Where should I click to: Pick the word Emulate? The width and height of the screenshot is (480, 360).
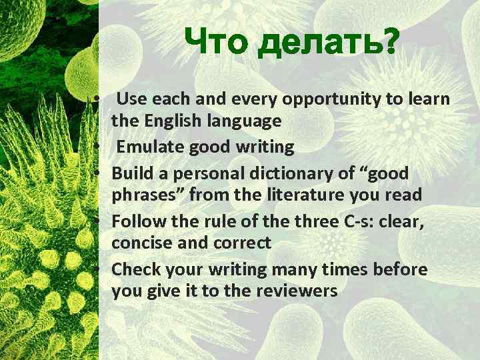(x=149, y=147)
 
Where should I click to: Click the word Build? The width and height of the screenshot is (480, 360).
(x=133, y=173)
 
